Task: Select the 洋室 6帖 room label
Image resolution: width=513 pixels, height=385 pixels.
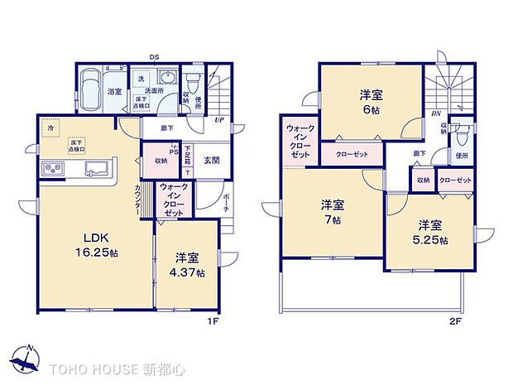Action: click(369, 102)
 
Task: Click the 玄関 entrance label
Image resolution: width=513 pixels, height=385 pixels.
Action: click(210, 161)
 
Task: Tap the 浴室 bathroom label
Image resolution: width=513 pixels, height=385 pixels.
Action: click(115, 94)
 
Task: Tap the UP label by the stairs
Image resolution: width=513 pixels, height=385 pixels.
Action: click(218, 121)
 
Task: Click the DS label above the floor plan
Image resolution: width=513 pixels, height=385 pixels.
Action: click(154, 58)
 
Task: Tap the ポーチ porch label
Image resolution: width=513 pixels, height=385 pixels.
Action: click(228, 203)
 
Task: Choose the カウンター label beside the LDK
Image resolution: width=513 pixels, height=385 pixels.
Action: click(137, 198)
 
